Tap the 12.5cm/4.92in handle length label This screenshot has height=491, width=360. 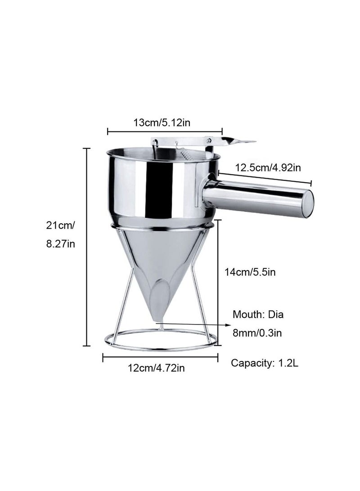268,168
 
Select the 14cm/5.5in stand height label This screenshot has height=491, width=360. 250,272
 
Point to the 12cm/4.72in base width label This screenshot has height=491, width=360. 156,368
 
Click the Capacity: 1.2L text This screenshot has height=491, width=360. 265,363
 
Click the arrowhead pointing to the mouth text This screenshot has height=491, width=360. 229,324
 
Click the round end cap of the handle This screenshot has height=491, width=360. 307,204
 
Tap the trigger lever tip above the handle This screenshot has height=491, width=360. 245,142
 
